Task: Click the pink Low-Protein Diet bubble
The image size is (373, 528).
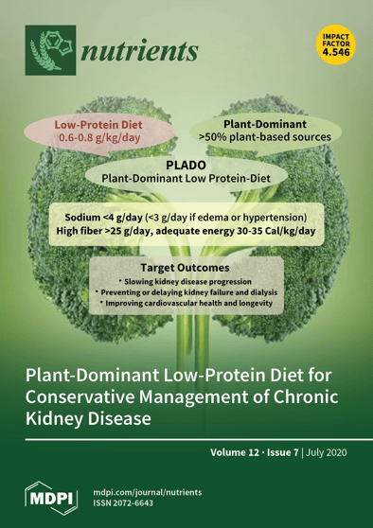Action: tap(99, 131)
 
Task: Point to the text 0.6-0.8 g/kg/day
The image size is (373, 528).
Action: tap(99, 138)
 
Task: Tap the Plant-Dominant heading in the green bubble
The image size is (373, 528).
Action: tap(264, 123)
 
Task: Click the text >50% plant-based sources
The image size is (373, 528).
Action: tap(264, 137)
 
